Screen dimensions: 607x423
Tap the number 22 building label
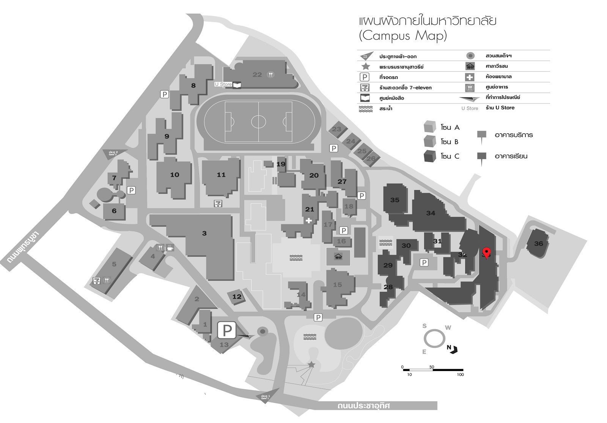(257, 75)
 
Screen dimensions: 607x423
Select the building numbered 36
(538, 244)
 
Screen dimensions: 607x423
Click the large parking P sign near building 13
(227, 330)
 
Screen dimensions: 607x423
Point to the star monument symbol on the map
(311, 364)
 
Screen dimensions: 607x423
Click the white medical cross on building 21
(309, 220)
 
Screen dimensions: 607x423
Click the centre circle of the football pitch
(258, 122)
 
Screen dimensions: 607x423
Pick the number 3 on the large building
(204, 233)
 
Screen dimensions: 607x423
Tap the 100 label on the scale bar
(460, 374)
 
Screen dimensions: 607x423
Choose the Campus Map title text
(403, 36)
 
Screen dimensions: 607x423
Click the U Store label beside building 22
(223, 84)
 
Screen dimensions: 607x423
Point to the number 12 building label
(237, 297)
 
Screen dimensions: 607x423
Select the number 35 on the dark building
(395, 200)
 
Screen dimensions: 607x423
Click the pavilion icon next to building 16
(338, 257)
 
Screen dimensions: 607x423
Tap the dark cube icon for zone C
(430, 156)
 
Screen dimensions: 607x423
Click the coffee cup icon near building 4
(170, 248)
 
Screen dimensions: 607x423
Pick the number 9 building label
(167, 136)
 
